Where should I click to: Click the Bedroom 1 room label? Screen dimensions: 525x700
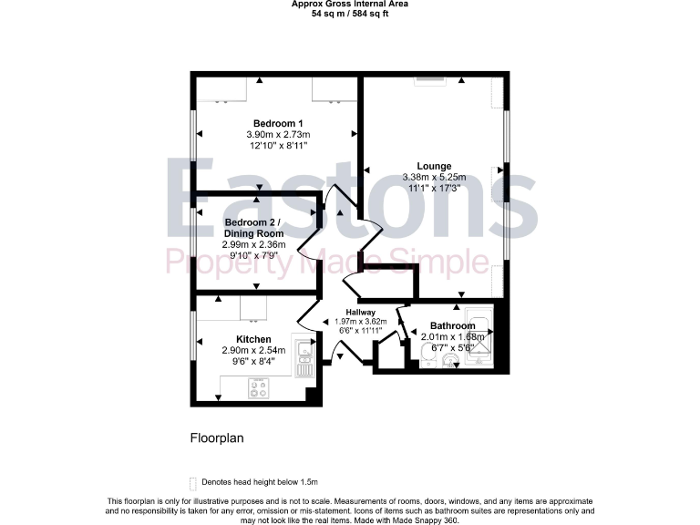(278, 123)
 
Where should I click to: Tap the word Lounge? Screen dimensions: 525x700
(434, 166)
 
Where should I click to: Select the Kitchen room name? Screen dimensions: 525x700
(252, 339)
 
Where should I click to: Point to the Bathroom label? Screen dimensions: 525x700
(453, 325)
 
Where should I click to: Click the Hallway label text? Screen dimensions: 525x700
(360, 313)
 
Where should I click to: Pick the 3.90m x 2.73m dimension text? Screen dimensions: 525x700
(278, 134)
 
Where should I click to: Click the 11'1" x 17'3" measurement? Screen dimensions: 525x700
(434, 188)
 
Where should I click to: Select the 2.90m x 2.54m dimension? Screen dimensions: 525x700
(252, 350)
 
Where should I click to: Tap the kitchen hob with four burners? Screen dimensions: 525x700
(261, 387)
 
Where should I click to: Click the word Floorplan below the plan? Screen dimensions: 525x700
(217, 437)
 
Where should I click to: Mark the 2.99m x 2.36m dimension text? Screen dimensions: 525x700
(254, 244)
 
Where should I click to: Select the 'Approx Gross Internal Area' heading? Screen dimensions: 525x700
(350, 4)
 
